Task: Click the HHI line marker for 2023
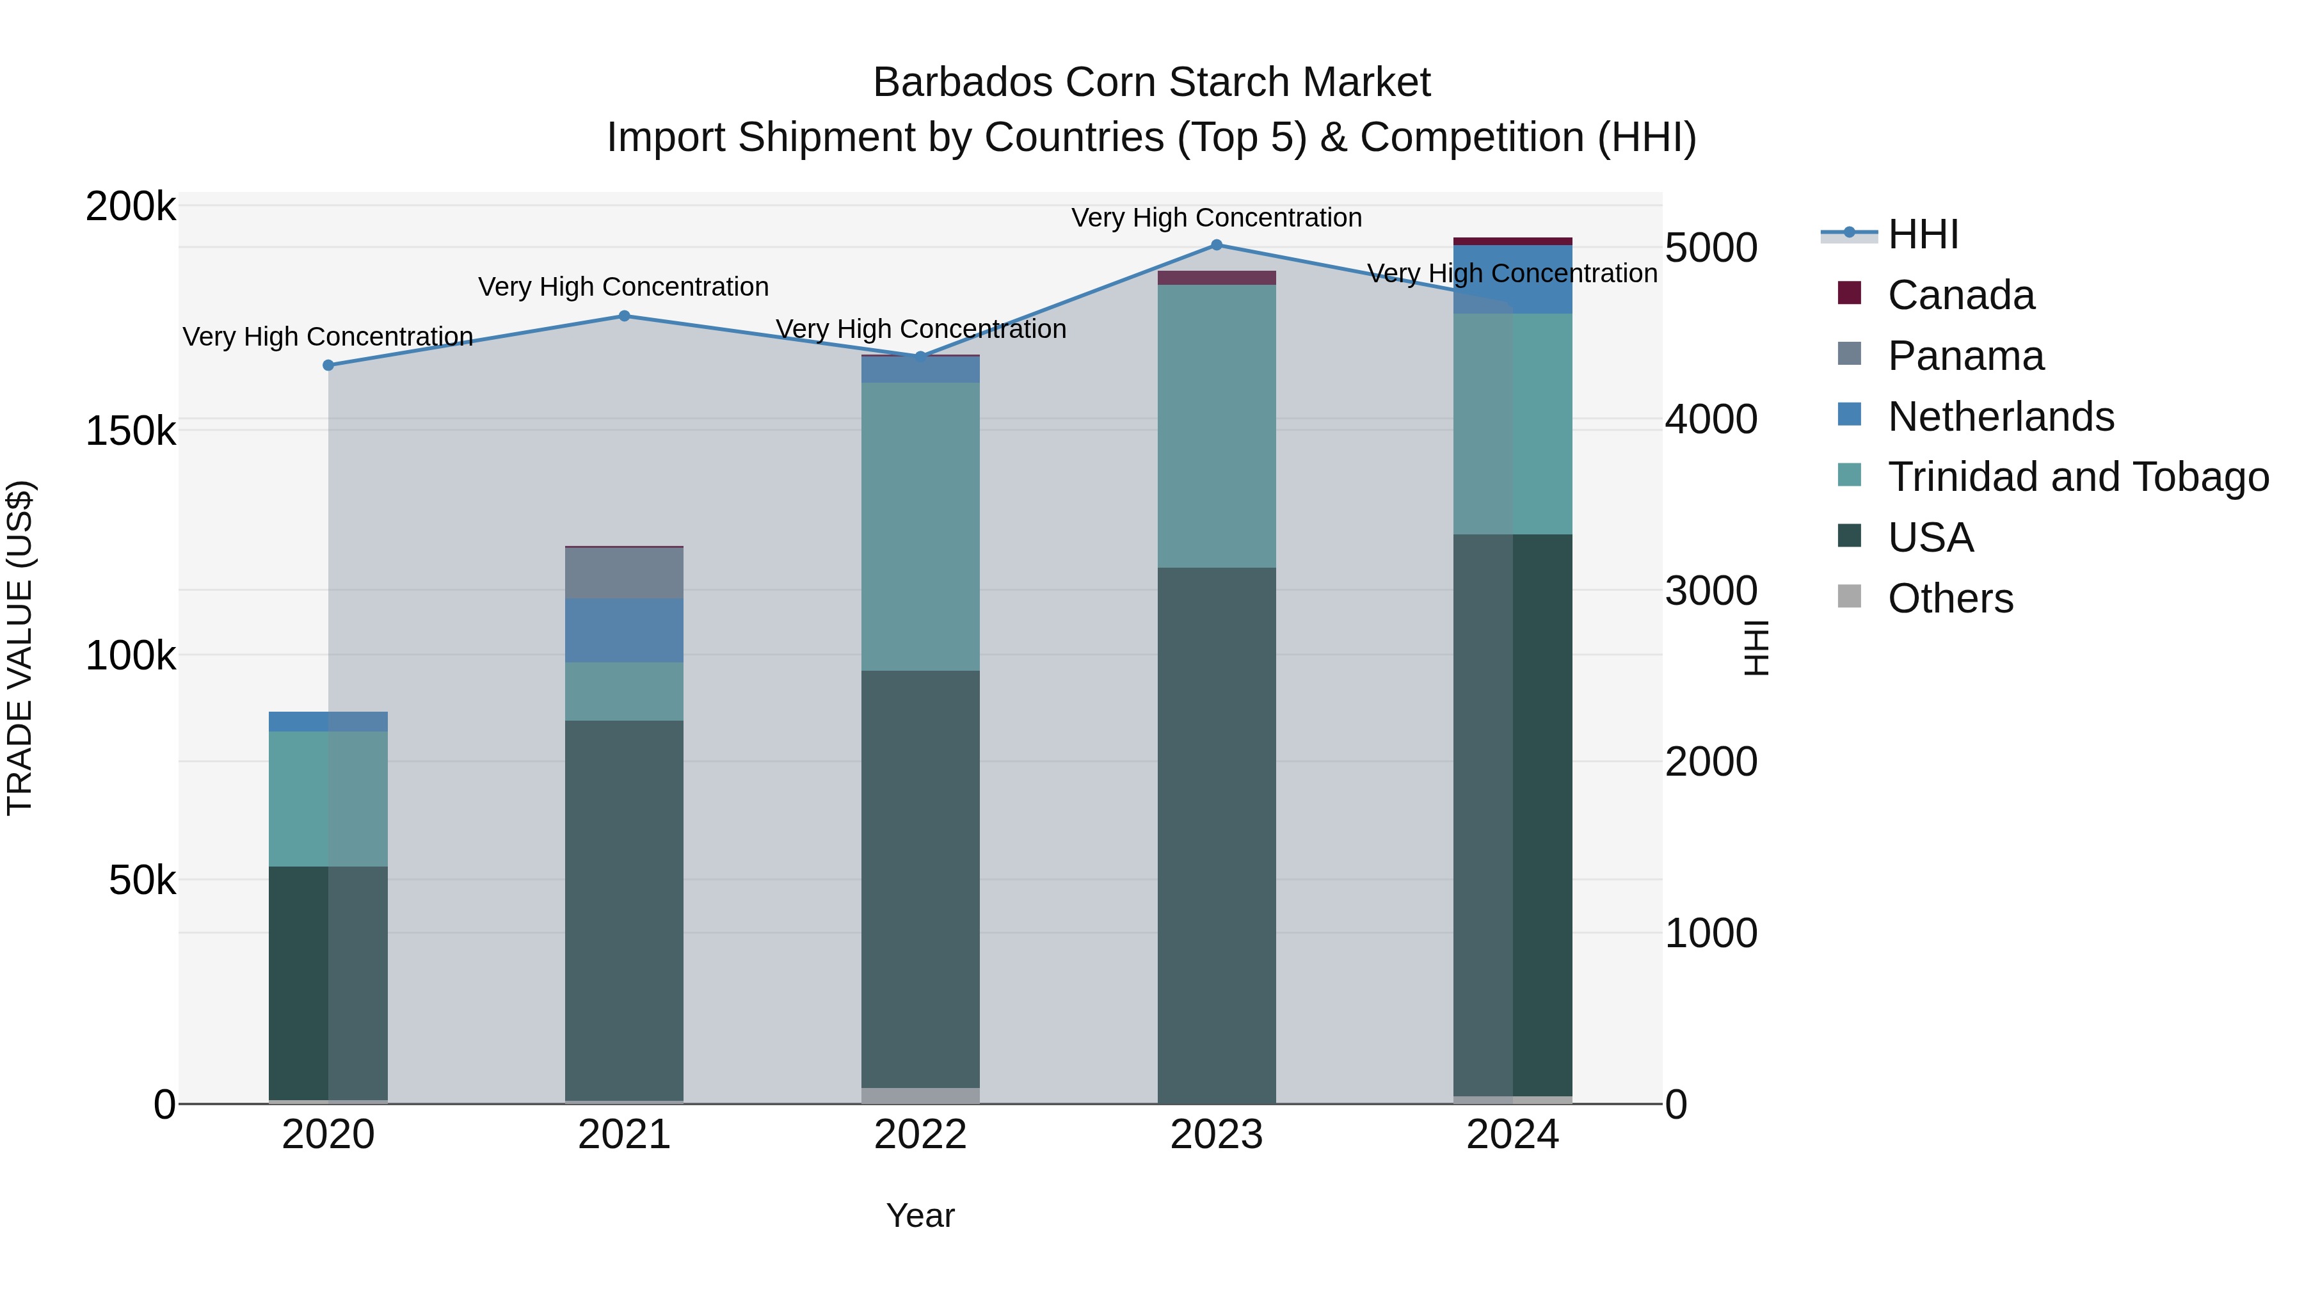tap(1217, 244)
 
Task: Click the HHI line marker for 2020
tap(328, 365)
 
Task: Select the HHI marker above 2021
tap(624, 316)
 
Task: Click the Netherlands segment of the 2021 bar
tap(624, 630)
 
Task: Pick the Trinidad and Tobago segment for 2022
tap(920, 526)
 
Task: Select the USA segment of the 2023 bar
tap(1217, 835)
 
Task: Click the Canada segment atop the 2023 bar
tap(1217, 277)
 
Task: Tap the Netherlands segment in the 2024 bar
tap(1512, 279)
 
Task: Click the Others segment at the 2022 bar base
tap(920, 1096)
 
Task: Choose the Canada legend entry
tap(1960, 295)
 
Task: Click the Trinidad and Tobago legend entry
tap(2077, 477)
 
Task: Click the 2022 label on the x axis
tap(920, 1135)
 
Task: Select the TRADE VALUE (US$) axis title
tap(20, 648)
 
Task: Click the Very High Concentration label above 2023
tap(1217, 218)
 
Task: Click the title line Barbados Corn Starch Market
tap(1151, 83)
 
